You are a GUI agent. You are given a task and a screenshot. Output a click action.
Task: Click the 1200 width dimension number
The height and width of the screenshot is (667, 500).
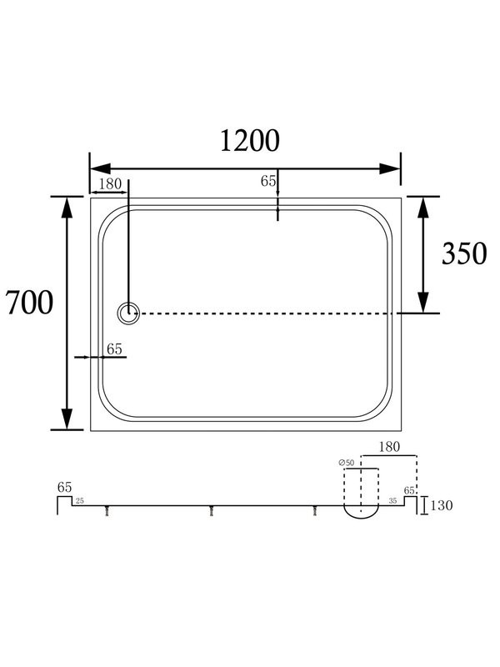pos(249,141)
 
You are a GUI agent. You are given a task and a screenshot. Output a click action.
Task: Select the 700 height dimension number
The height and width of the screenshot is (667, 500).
pos(29,303)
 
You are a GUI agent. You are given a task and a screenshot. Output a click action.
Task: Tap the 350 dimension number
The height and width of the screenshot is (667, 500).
pos(464,254)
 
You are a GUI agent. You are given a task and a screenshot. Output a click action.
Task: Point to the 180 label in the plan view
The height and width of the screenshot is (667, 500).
pos(110,184)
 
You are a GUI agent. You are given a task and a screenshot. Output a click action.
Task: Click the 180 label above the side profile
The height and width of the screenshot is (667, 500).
pos(389,447)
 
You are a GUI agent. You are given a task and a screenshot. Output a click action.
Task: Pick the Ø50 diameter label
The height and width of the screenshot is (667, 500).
pos(347,463)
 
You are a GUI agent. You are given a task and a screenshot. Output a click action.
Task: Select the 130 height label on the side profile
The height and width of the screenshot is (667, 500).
pos(442,505)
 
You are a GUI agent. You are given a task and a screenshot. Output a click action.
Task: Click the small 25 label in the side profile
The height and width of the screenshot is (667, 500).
pos(79,501)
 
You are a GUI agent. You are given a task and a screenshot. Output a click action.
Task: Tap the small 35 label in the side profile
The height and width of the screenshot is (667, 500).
pos(392,501)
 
